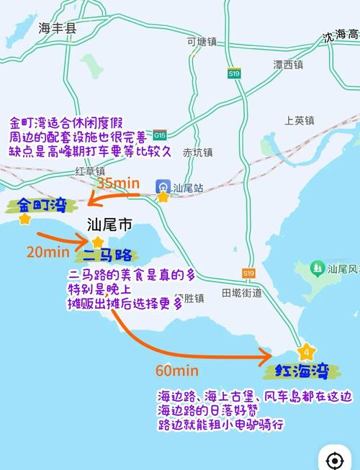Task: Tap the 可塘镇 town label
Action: (201, 42)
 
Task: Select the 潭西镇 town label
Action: (288, 65)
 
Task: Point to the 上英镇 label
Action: (300, 120)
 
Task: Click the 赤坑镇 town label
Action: (197, 153)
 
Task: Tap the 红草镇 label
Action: (90, 171)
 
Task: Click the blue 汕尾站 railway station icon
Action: (163, 187)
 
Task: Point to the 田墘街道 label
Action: (241, 293)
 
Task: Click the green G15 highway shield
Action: (160, 135)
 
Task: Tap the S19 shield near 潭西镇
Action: (234, 73)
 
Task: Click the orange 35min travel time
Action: (118, 184)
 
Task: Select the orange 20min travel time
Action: (48, 252)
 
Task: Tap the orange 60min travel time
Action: (176, 371)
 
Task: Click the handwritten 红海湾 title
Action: (301, 371)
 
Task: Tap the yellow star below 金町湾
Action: (26, 219)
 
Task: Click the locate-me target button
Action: (334, 460)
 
